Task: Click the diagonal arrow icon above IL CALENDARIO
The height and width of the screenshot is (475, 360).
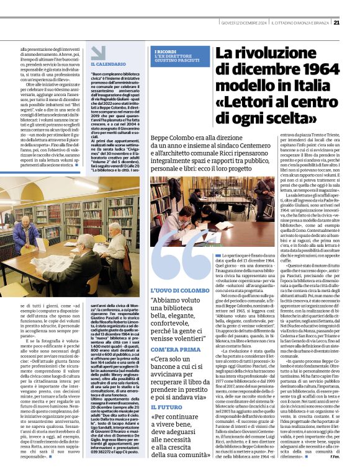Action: (x=97, y=52)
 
